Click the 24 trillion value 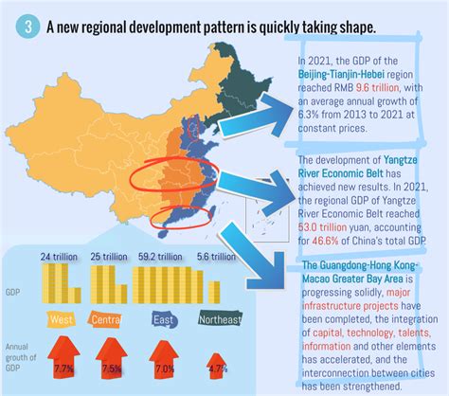59,257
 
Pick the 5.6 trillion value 217,257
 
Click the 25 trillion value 110,257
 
